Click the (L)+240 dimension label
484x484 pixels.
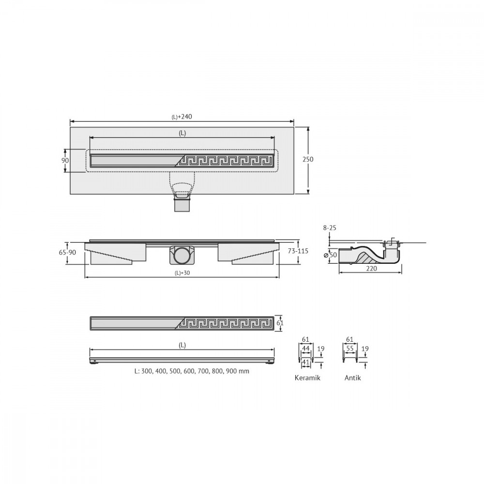182,117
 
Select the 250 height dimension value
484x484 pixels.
308,159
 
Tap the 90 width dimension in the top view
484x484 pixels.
65,161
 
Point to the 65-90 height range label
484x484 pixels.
67,253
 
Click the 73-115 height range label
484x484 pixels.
298,251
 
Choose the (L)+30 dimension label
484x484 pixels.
182,273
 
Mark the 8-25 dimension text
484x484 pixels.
330,228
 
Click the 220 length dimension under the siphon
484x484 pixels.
371,269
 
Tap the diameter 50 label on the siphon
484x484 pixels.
330,255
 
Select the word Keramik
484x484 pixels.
307,378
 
